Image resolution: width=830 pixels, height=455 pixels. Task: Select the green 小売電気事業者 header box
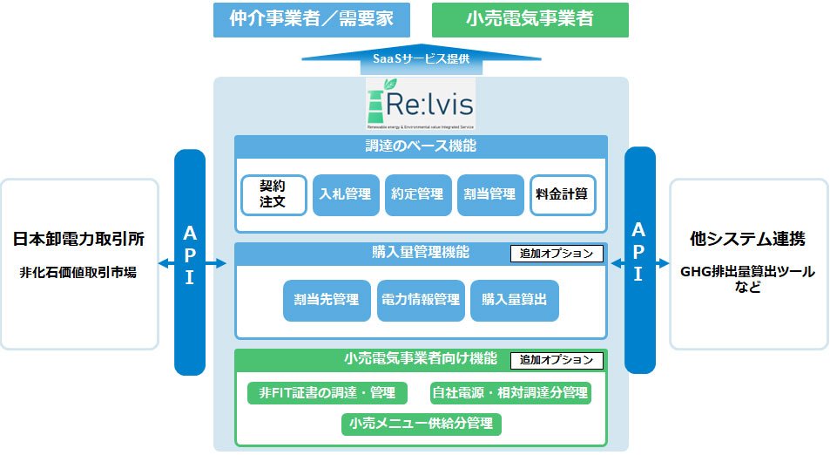(x=530, y=19)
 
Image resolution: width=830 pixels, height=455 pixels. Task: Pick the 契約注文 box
(x=273, y=194)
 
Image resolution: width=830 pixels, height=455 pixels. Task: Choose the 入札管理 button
(x=346, y=194)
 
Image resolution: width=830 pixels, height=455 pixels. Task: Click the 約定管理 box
(x=418, y=194)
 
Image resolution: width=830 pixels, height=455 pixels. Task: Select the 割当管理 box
(x=490, y=194)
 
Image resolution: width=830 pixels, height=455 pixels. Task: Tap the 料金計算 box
(x=563, y=194)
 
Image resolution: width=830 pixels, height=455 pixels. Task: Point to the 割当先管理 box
(x=327, y=300)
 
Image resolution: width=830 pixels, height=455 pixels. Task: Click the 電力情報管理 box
(x=421, y=300)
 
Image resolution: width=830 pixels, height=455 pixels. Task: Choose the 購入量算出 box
(x=514, y=300)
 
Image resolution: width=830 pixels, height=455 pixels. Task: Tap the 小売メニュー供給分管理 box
(x=421, y=424)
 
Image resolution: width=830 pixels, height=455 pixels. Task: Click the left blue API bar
(x=190, y=261)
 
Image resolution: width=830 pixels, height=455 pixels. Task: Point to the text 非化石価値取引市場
(x=78, y=272)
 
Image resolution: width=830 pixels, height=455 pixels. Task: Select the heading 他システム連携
(x=748, y=239)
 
